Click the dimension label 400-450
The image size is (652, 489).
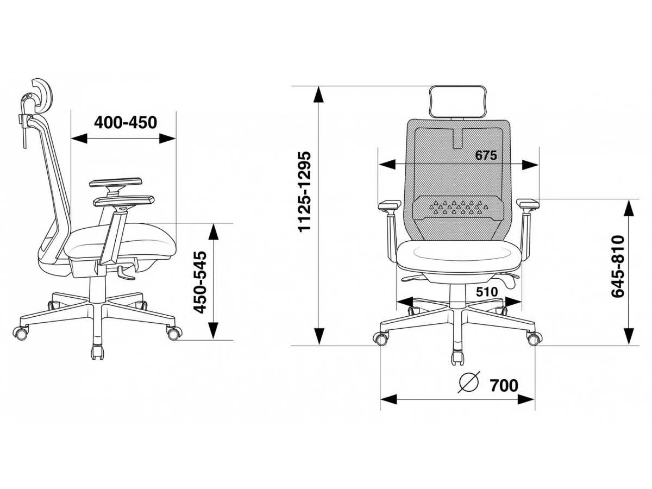coord(126,122)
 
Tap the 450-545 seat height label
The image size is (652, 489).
coord(199,282)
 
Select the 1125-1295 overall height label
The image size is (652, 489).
coord(304,191)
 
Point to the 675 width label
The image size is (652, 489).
coord(486,155)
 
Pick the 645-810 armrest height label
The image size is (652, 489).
coord(618,266)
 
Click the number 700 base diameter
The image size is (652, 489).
coord(504,386)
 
